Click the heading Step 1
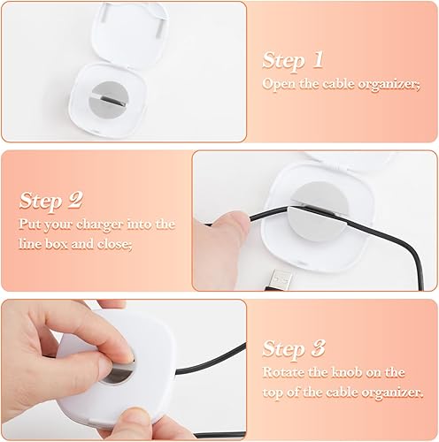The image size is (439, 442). (x=293, y=60)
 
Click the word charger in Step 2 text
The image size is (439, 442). (x=96, y=225)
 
